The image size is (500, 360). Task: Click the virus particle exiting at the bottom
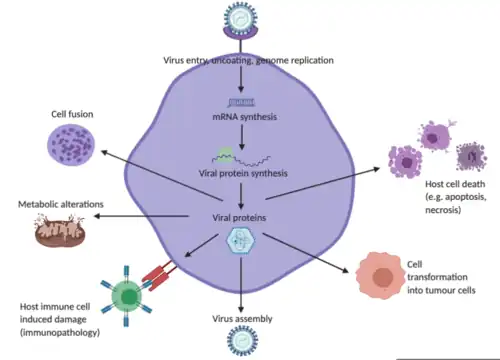241,344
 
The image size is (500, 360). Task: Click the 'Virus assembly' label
241,321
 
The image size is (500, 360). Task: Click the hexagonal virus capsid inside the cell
241,240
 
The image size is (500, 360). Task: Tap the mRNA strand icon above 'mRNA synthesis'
241,100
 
